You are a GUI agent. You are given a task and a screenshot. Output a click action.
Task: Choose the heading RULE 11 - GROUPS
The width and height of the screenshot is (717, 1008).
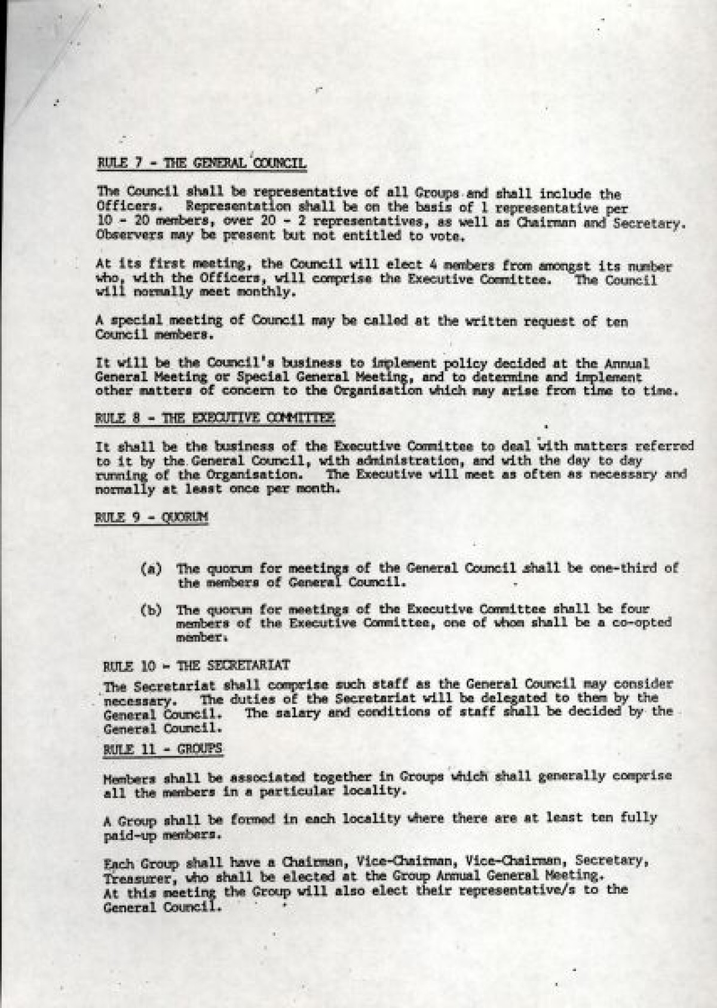point(163,749)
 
